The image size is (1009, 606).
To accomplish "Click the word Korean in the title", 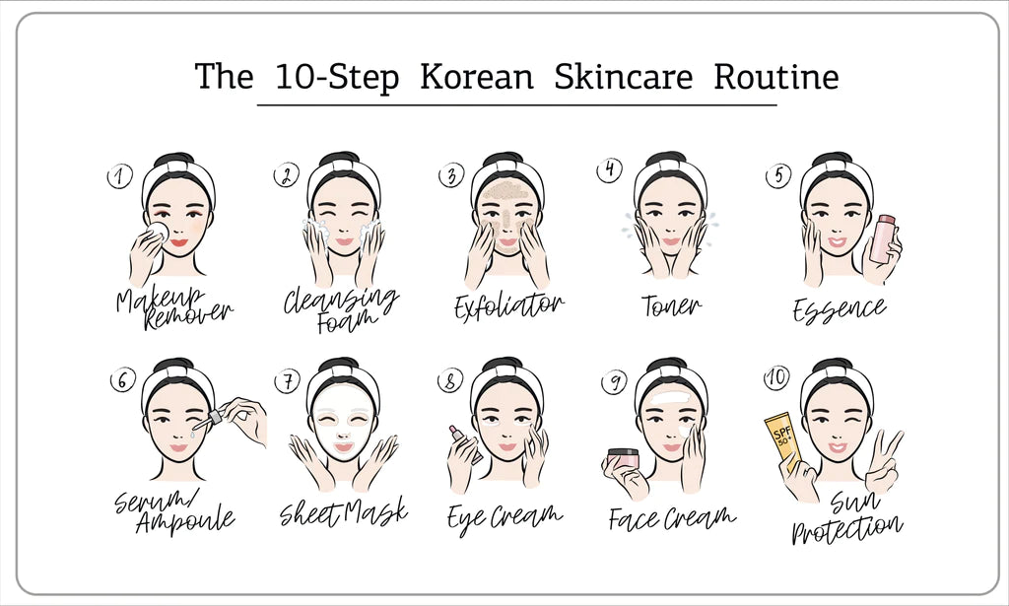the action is (x=477, y=76).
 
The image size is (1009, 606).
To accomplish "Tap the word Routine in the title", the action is (x=776, y=76).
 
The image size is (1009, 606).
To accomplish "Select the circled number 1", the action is (x=119, y=176).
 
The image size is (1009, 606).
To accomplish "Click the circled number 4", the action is (x=609, y=169).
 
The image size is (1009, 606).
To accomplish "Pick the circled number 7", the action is (x=287, y=381).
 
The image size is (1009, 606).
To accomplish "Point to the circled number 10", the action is (x=776, y=377).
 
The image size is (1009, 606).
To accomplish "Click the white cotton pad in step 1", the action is (x=157, y=233).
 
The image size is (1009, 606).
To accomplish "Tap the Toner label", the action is (x=671, y=305).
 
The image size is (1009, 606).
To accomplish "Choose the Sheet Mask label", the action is (x=344, y=512).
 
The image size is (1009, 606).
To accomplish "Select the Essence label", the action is (x=840, y=308).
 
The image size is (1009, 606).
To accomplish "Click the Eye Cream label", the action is (x=504, y=515).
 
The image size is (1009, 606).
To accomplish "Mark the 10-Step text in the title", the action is (x=337, y=77).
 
